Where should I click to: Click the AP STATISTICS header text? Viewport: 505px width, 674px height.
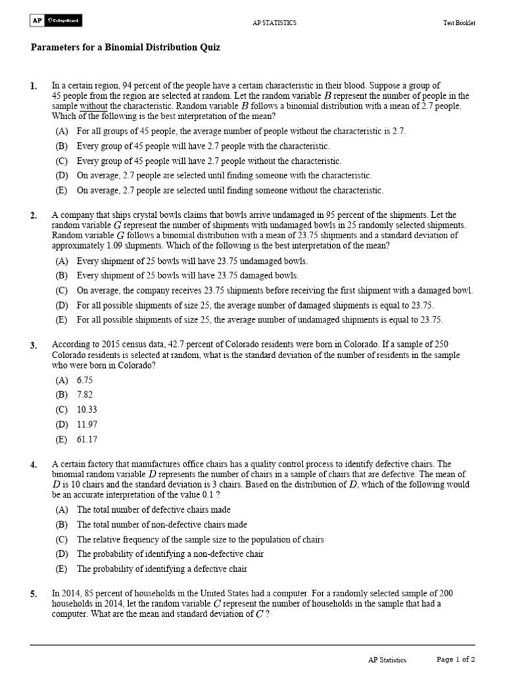274,23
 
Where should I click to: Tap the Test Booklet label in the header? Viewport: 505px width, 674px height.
459,23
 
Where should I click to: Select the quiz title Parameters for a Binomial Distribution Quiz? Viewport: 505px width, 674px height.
126,48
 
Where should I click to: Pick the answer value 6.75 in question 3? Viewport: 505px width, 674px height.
87,380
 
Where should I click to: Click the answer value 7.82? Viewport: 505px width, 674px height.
87,395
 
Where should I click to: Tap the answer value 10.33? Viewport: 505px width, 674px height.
89,410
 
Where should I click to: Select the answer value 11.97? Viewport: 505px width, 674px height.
89,425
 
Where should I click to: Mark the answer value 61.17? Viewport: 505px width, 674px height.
89,440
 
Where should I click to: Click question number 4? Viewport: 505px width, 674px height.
34,465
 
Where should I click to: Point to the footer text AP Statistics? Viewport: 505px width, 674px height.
387,660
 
